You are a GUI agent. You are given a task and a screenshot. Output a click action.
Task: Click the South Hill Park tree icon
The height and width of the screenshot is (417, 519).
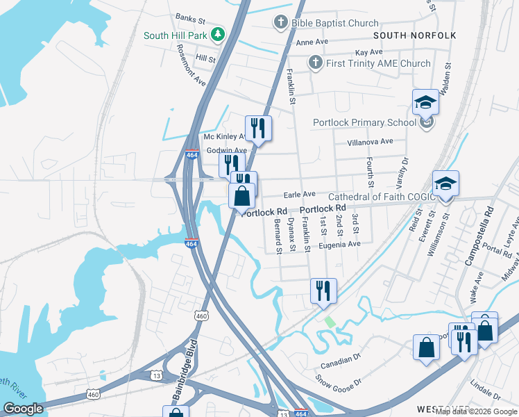point(219,35)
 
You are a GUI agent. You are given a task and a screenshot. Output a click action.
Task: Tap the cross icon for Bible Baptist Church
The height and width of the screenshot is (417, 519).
point(281,23)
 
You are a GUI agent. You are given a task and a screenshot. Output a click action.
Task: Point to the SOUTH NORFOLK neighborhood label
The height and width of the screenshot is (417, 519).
point(415,35)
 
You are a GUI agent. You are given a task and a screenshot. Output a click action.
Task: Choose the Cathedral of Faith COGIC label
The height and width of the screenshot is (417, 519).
point(382,197)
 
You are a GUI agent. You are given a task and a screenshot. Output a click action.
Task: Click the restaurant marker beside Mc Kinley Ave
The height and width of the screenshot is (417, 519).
point(258,128)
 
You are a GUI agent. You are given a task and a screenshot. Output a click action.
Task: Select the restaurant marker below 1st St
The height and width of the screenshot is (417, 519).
point(323,291)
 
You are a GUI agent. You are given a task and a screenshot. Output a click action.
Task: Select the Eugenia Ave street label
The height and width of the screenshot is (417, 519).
point(339,245)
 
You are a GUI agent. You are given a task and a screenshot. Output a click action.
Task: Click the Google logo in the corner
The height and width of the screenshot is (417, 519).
point(23,409)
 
